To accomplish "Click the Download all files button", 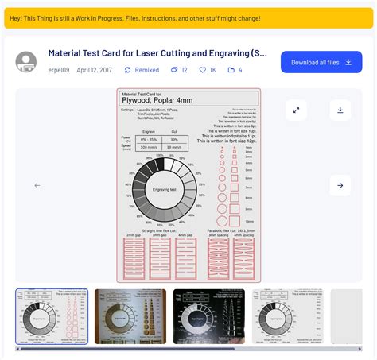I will click(x=321, y=62).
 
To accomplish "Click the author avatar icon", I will click(x=26, y=62).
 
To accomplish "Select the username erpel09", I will click(x=57, y=70).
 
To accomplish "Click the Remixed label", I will click(x=141, y=70).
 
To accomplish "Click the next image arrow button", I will click(x=340, y=185).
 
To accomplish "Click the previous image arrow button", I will click(x=37, y=185).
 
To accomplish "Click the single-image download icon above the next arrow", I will click(x=340, y=110).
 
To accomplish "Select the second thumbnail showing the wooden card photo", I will click(x=130, y=315).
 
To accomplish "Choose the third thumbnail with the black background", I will click(x=209, y=315).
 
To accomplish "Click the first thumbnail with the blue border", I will click(x=52, y=315).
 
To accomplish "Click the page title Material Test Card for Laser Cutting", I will click(x=157, y=53).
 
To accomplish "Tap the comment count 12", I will click(x=179, y=70).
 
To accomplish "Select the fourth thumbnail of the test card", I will click(x=287, y=315).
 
